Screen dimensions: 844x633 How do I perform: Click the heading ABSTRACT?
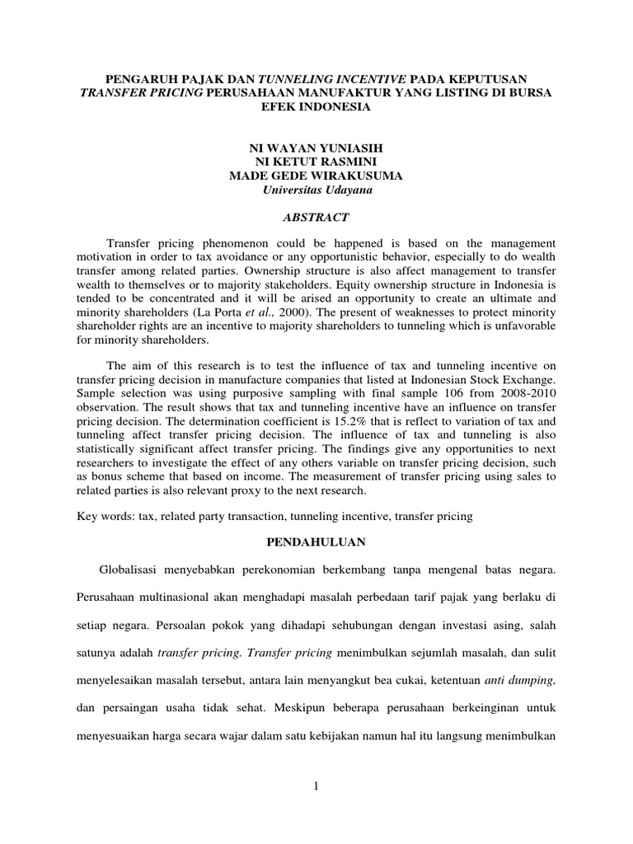(x=316, y=218)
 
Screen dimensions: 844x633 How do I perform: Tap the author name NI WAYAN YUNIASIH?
(x=316, y=148)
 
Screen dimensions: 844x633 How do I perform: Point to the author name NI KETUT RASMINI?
(x=316, y=162)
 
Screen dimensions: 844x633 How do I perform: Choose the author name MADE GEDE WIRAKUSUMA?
(x=316, y=176)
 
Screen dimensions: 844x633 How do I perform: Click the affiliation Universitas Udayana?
(x=316, y=190)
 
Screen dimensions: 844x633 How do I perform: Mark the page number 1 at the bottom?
(x=316, y=787)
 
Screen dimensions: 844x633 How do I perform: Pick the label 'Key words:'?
(x=105, y=516)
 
